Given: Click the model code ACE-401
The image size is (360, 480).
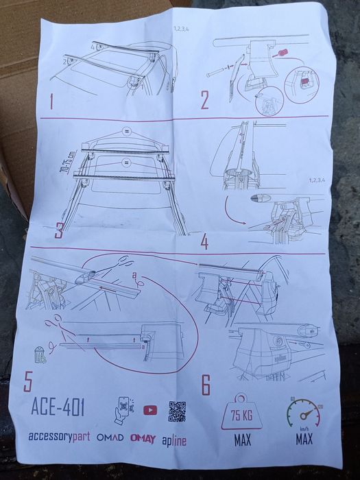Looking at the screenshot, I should coord(58,407).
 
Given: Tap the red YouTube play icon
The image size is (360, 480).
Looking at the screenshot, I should coord(150,410).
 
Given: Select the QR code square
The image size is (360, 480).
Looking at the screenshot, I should coord(177,411).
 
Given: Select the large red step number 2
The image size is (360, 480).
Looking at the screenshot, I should coord(204,101).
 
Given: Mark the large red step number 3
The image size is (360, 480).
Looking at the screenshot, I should coord(60,230).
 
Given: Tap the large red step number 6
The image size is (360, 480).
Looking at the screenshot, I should coord(206,385).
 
